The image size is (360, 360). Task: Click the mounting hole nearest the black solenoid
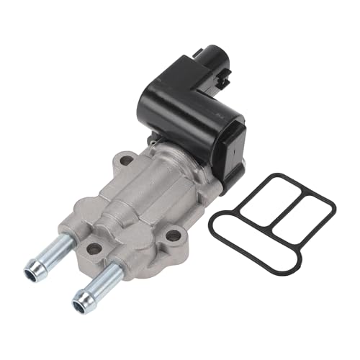click(x=127, y=160)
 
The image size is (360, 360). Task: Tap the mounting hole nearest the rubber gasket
click(x=174, y=235)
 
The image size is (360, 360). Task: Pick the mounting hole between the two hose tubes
click(x=94, y=248)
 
